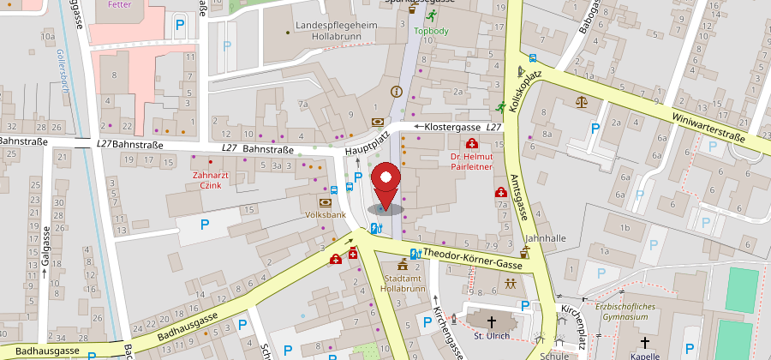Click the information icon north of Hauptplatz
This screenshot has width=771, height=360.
tap(396, 92)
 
